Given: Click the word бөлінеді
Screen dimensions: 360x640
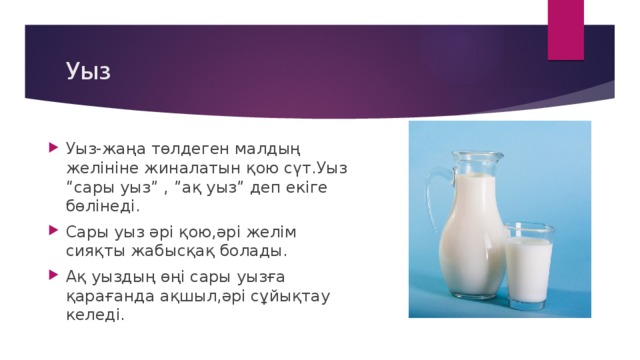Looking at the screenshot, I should pos(102,208).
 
